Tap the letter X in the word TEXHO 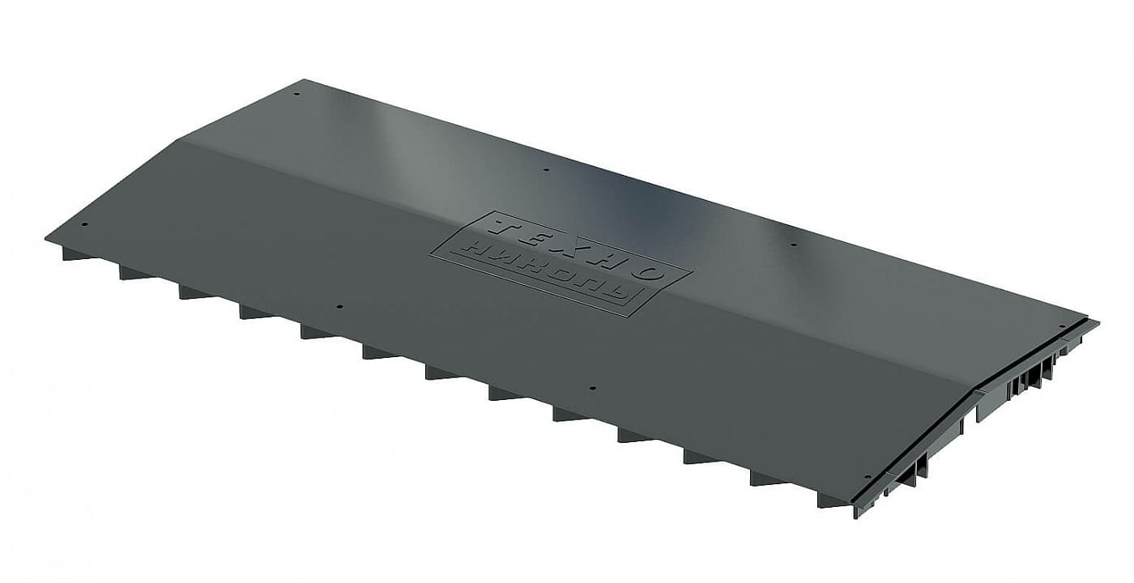tap(570, 246)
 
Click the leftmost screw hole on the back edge tap(296, 94)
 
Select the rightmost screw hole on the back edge tap(1062, 326)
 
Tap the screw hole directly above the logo tap(546, 169)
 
